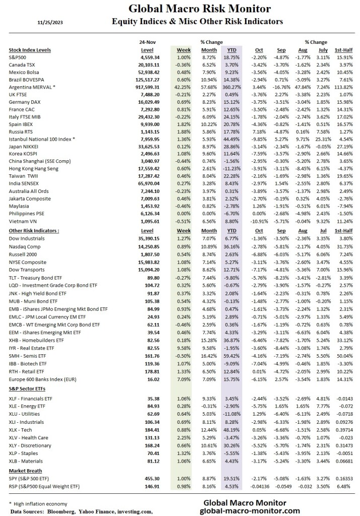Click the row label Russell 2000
pos(23,254)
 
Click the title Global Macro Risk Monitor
pos(199,9)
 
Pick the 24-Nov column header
pos(146,42)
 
